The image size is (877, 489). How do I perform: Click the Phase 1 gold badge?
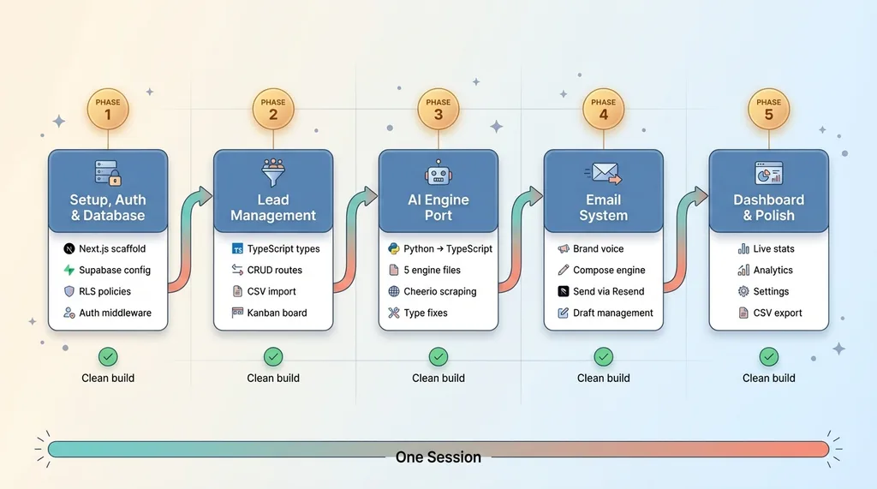[x=108, y=109]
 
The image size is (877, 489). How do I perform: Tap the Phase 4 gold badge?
[x=604, y=109]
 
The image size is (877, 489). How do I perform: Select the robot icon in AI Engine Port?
[x=438, y=176]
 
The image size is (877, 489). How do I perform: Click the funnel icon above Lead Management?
[x=273, y=174]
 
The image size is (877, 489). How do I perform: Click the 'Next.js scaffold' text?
[x=112, y=249]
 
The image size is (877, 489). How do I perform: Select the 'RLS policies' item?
[x=104, y=291]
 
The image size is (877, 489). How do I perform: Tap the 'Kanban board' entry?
[x=277, y=313]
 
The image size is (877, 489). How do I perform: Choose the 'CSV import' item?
[x=271, y=291]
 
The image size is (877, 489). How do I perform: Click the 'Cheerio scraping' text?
[x=439, y=291]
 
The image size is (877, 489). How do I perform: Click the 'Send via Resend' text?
[x=608, y=291]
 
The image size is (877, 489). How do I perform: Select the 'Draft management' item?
[x=612, y=313]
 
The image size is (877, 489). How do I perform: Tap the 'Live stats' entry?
[x=773, y=249]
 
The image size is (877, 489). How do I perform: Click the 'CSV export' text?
[x=778, y=313]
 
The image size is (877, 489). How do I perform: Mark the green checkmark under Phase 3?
[x=438, y=356]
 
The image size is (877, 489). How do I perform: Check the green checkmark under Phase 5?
[x=769, y=356]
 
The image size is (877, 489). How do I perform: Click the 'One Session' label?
[x=438, y=457]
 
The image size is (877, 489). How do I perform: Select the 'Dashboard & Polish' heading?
[x=768, y=207]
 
